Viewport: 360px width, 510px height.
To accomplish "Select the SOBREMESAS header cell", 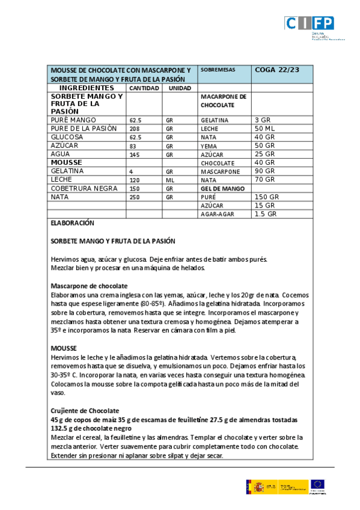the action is point(218,70).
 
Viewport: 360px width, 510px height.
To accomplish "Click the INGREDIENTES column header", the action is point(87,88).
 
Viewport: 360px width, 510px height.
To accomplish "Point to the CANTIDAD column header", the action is point(144,88).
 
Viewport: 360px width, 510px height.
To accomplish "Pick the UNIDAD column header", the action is point(179,88).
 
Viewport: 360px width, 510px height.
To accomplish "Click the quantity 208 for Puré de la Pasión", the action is point(135,129).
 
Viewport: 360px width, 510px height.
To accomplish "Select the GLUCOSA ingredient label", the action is point(68,137).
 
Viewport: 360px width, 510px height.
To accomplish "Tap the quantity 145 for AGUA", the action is point(135,155).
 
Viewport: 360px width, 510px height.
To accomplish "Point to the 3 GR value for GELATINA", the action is point(263,120).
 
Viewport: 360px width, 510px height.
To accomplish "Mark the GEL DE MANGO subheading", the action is point(222,188).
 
